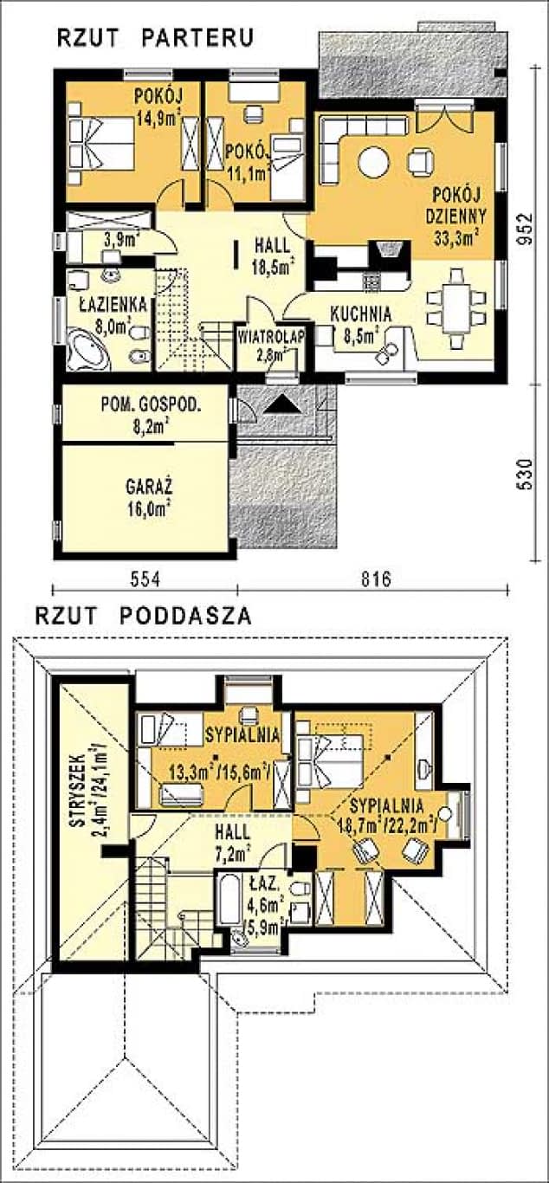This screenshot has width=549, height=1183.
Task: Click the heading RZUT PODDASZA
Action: [x=144, y=616]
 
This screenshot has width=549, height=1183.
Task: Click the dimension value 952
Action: [x=524, y=229]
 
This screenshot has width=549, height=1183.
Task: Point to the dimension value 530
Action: [x=524, y=473]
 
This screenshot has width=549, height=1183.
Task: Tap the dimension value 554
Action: [x=145, y=579]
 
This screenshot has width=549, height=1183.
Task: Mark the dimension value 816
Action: [x=376, y=579]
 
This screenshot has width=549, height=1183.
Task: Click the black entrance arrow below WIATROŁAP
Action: [x=283, y=404]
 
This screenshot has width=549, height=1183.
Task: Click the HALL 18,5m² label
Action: [x=273, y=256]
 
